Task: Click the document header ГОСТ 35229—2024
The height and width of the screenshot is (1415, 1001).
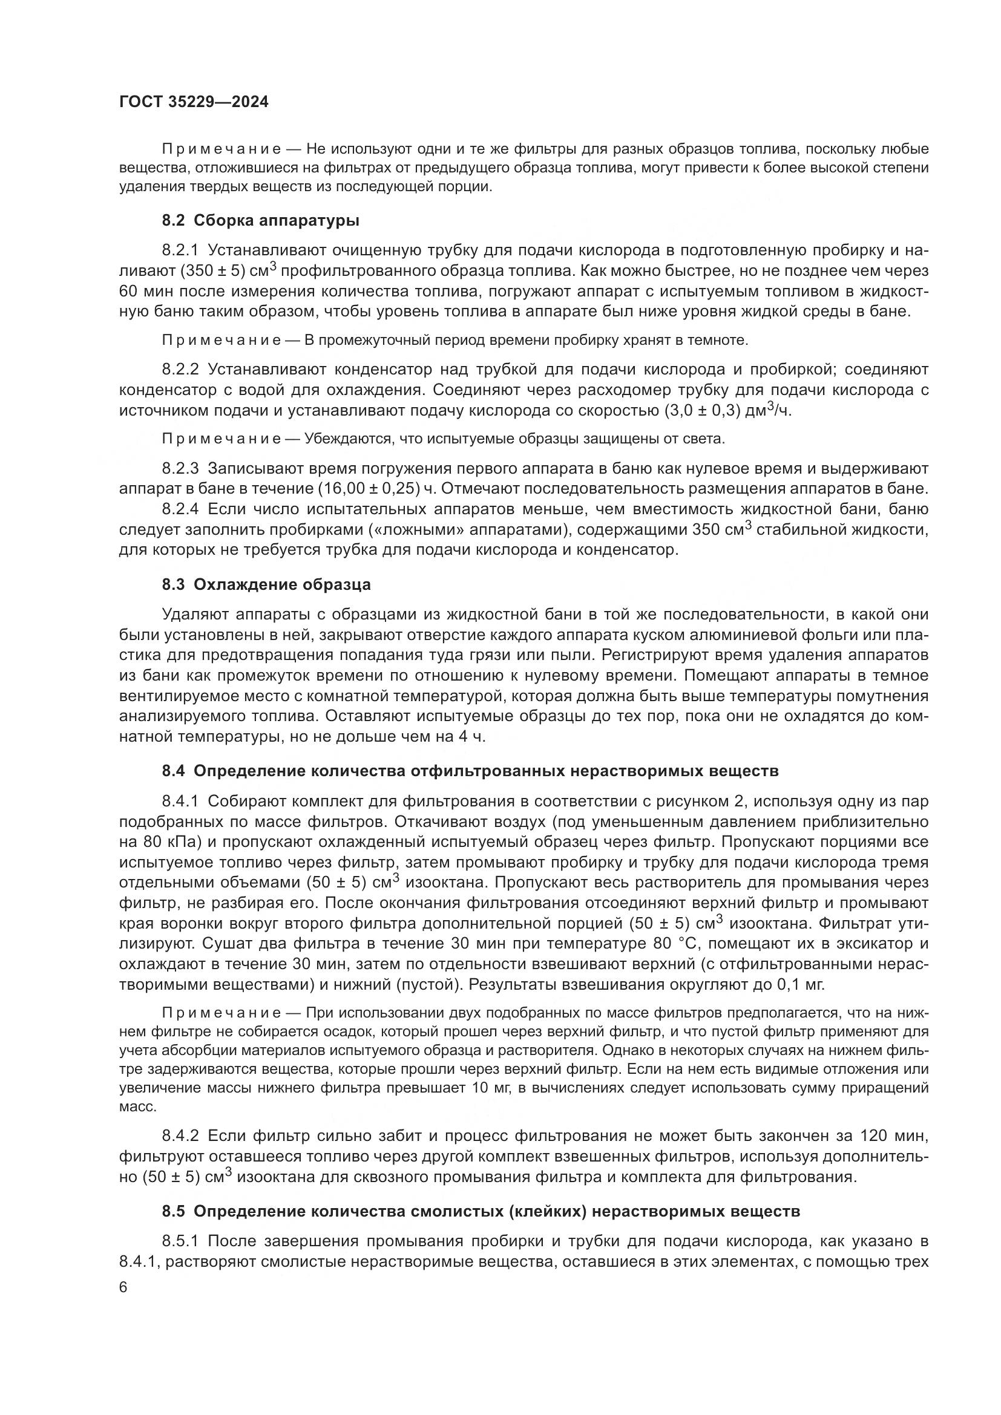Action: [194, 102]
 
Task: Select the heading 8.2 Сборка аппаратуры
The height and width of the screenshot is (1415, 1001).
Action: [261, 220]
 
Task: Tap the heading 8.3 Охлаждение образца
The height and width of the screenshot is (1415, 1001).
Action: [266, 584]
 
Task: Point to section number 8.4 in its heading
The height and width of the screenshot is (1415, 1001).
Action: [174, 771]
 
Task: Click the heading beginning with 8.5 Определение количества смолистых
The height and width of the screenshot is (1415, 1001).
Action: [481, 1211]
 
